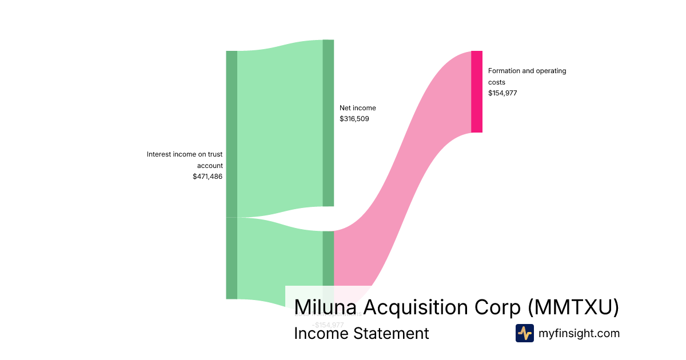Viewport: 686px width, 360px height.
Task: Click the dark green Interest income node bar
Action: [231, 171]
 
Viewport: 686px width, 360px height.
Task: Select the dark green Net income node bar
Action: [328, 123]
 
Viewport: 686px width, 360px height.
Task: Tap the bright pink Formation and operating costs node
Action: [477, 91]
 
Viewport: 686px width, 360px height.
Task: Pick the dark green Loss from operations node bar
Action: [328, 257]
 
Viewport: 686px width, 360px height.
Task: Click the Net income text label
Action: [358, 107]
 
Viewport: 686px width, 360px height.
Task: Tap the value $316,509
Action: [354, 119]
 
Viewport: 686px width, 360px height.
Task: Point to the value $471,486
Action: [208, 177]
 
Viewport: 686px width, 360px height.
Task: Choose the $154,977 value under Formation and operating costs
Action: [502, 93]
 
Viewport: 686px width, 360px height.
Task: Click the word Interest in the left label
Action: [159, 154]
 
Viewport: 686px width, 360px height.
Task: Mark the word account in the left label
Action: [210, 166]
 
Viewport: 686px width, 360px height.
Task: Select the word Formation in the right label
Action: [504, 71]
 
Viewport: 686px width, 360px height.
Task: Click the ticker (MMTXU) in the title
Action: [573, 307]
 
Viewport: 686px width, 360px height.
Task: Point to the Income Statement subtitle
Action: [361, 333]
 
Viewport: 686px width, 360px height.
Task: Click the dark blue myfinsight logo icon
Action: [524, 333]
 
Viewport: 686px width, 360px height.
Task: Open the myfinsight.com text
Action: [579, 333]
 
